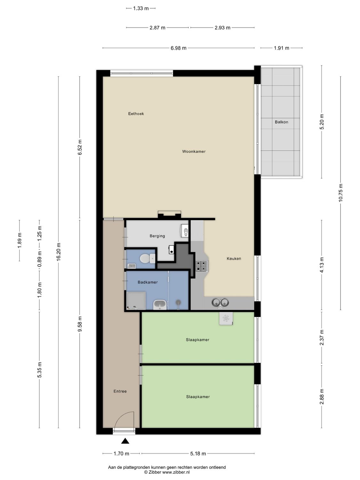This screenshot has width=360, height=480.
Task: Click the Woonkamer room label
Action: (194, 151)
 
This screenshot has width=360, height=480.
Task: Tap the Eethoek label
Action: (136, 114)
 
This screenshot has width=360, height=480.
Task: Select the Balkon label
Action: (281, 122)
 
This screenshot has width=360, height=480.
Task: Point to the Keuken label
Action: (234, 259)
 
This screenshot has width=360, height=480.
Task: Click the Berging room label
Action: (157, 236)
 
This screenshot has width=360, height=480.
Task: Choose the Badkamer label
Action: (148, 282)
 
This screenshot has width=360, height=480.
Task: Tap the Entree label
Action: (120, 391)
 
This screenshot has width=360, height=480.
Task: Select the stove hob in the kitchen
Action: (202, 266)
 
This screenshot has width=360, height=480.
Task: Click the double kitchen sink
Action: (220, 302)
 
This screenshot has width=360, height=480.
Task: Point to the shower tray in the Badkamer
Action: (136, 300)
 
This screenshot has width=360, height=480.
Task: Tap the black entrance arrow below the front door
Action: (125, 441)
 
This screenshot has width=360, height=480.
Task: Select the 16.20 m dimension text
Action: (58, 252)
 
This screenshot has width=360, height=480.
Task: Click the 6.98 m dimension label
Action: (178, 48)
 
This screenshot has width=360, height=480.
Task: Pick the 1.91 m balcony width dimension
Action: (281, 48)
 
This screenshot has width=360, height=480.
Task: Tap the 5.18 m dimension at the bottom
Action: (198, 453)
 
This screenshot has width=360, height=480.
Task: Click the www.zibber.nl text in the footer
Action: (176, 472)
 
